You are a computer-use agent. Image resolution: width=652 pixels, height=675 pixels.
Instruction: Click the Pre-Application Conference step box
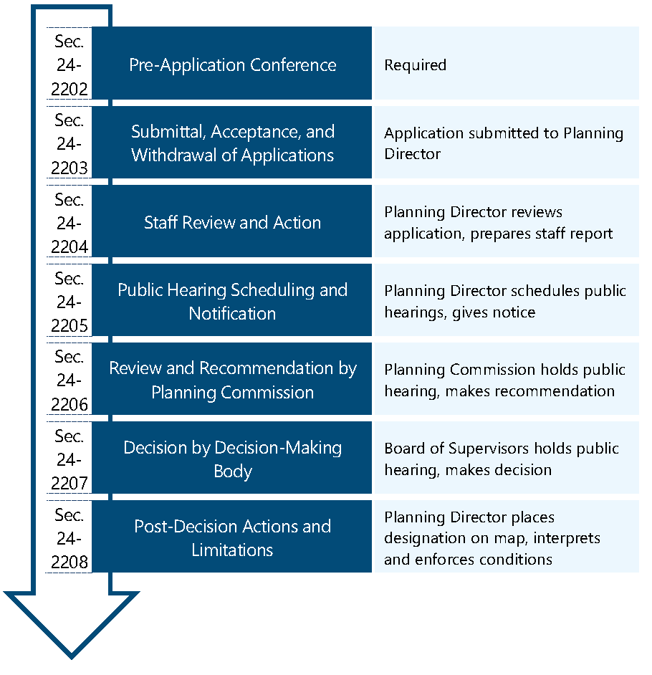[232, 64]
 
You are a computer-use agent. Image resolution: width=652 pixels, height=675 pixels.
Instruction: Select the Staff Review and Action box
[232, 222]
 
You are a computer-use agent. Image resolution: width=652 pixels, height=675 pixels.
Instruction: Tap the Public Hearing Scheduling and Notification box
[232, 301]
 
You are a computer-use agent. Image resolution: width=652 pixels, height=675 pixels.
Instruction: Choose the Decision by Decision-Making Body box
[232, 459]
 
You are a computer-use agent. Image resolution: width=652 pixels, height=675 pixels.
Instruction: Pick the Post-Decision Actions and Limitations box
[232, 537]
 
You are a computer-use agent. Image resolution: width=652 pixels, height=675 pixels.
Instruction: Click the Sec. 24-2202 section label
[69, 65]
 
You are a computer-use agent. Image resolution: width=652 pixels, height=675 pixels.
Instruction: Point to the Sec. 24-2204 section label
[69, 223]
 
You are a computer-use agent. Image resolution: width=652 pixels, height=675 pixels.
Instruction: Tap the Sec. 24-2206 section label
[69, 380]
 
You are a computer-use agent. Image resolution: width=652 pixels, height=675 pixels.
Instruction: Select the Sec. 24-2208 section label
[69, 538]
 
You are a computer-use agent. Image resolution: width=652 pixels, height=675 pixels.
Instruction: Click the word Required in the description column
[415, 65]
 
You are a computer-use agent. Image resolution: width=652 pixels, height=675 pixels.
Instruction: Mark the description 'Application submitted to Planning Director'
[503, 143]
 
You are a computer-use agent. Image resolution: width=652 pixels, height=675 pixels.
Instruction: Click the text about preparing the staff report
[498, 234]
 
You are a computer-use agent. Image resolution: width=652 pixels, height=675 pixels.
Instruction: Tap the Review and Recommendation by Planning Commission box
[232, 380]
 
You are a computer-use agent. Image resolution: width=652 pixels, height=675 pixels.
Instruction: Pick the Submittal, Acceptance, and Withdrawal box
[232, 143]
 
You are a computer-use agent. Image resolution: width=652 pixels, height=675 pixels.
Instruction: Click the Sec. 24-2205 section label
[69, 302]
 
